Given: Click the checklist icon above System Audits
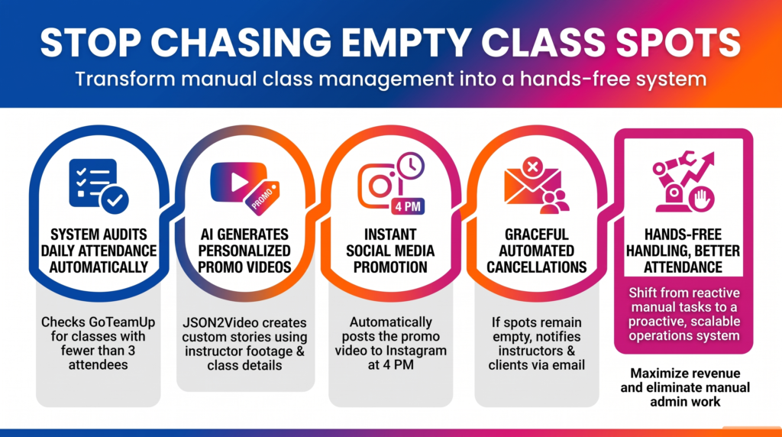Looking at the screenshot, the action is (99, 186).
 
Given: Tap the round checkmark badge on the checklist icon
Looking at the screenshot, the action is (115, 199).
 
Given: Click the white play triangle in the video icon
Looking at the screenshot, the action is (239, 182).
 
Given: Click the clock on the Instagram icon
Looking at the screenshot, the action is (410, 166).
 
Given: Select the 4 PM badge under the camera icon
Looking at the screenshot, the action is (408, 206).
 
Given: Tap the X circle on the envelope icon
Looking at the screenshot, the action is (532, 167).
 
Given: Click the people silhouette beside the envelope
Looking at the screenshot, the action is (554, 202).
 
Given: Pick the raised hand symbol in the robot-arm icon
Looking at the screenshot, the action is (702, 199).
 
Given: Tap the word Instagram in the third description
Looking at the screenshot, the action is (415, 351).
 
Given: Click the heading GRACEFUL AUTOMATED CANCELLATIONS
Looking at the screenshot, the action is (537, 251).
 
